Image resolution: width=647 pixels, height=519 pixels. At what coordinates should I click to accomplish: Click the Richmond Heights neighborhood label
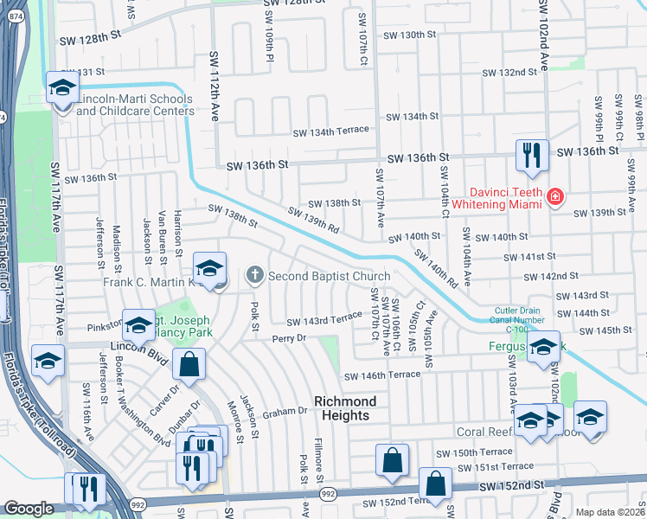pyautogui.click(x=346, y=408)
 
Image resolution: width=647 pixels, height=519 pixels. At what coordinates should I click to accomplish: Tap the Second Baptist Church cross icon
pyautogui.click(x=254, y=276)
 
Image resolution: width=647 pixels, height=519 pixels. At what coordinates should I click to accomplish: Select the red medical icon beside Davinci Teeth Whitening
pyautogui.click(x=554, y=198)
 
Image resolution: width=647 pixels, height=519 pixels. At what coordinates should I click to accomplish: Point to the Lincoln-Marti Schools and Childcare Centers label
pyautogui.click(x=135, y=105)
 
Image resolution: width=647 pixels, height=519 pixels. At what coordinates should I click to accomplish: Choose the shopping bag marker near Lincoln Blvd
pyautogui.click(x=188, y=365)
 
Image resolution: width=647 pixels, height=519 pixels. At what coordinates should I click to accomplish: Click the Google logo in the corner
pyautogui.click(x=29, y=509)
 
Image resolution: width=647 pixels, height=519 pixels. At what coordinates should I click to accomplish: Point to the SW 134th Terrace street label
pyautogui.click(x=331, y=131)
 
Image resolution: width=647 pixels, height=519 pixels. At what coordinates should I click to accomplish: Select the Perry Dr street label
pyautogui.click(x=289, y=339)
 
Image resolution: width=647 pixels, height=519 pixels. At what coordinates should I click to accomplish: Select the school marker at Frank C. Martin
pyautogui.click(x=210, y=269)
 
